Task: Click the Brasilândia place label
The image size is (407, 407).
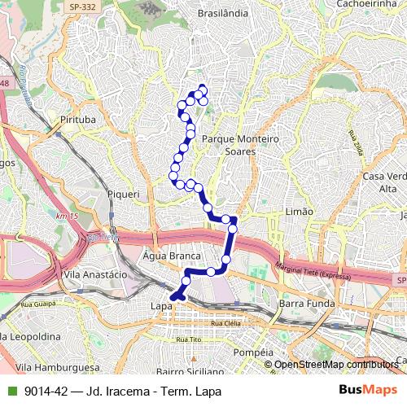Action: coord(226,14)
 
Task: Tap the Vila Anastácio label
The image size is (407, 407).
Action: coord(95,274)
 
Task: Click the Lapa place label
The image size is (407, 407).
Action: coord(160,305)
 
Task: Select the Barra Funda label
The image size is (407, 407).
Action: coord(302,304)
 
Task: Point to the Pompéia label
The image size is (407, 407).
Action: coord(251,352)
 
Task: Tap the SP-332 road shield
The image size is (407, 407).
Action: coord(79,7)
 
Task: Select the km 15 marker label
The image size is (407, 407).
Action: coord(67,216)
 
